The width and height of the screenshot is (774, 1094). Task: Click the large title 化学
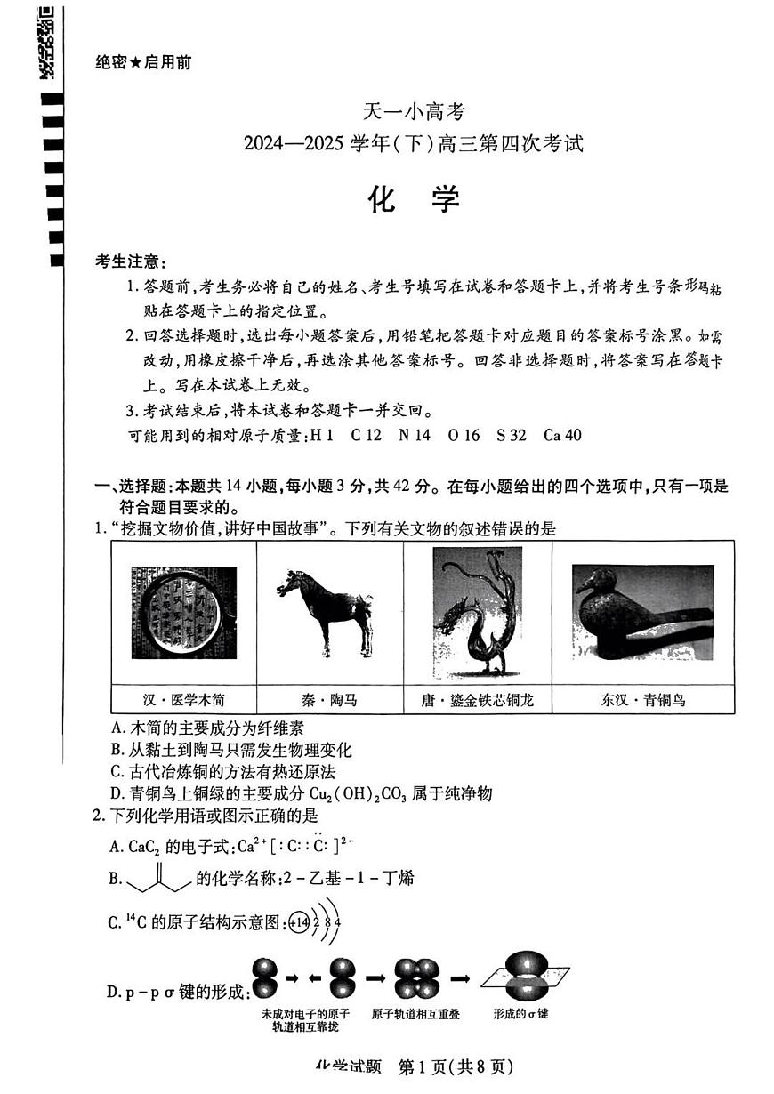coord(414,200)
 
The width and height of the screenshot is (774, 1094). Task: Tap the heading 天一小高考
coord(414,112)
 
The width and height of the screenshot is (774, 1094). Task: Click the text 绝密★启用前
coord(142,62)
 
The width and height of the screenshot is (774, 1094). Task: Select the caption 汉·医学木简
coord(184,700)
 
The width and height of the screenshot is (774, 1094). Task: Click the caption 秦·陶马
coord(329,700)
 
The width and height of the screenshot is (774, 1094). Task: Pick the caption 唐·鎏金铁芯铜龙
coord(477,700)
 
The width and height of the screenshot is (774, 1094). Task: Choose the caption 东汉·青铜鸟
coord(642,700)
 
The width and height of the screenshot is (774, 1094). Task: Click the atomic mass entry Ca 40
coord(561,435)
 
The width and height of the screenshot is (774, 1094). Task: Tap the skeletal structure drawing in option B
coord(159,877)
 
